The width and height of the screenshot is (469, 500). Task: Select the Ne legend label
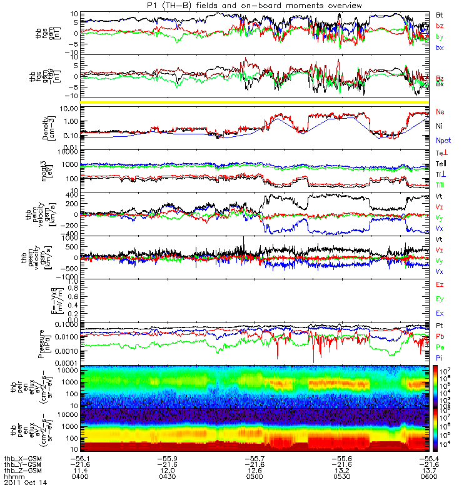[440, 112]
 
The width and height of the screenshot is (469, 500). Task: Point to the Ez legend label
[440, 286]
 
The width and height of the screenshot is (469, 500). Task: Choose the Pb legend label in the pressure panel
[440, 337]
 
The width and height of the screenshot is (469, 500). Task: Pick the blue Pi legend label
[440, 357]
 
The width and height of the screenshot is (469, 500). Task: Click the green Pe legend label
[440, 347]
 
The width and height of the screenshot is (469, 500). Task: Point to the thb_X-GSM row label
[19, 457]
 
